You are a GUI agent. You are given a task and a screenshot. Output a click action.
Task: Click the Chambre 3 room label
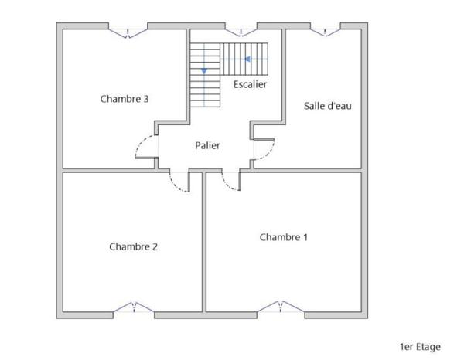coord(125,99)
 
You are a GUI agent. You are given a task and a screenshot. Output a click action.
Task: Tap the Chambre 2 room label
coord(134,247)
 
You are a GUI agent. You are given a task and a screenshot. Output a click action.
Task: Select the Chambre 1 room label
coord(284,237)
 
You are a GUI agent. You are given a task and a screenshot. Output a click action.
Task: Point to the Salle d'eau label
coord(328,106)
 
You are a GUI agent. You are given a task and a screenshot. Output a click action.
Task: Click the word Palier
coord(207,145)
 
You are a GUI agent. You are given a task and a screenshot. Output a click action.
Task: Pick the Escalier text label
coord(249,83)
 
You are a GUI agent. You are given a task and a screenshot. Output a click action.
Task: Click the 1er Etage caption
coord(420,347)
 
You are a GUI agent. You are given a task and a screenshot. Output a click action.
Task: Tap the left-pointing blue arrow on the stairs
coord(248,59)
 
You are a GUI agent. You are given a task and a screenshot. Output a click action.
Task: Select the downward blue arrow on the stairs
coord(204,71)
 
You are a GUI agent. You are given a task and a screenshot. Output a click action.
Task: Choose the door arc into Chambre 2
coord(178,182)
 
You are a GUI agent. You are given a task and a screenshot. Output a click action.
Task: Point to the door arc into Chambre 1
coord(230,182)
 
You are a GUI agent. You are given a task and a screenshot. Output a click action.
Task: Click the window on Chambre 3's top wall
coord(128,31)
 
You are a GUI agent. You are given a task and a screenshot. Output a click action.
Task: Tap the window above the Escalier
coord(241,31)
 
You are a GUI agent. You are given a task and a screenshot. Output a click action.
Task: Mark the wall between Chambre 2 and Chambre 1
coord(204,247)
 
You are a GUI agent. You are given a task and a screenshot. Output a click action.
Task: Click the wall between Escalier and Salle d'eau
coord(284,77)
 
